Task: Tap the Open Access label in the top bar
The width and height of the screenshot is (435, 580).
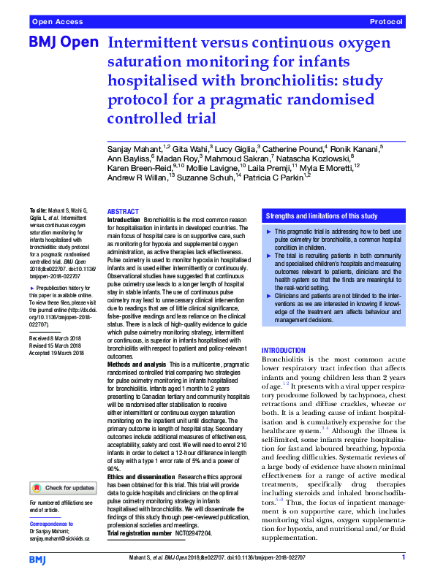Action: coord(57,23)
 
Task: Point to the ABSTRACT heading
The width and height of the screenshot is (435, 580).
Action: coord(123,210)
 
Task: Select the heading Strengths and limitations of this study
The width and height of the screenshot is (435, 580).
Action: coord(322,215)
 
